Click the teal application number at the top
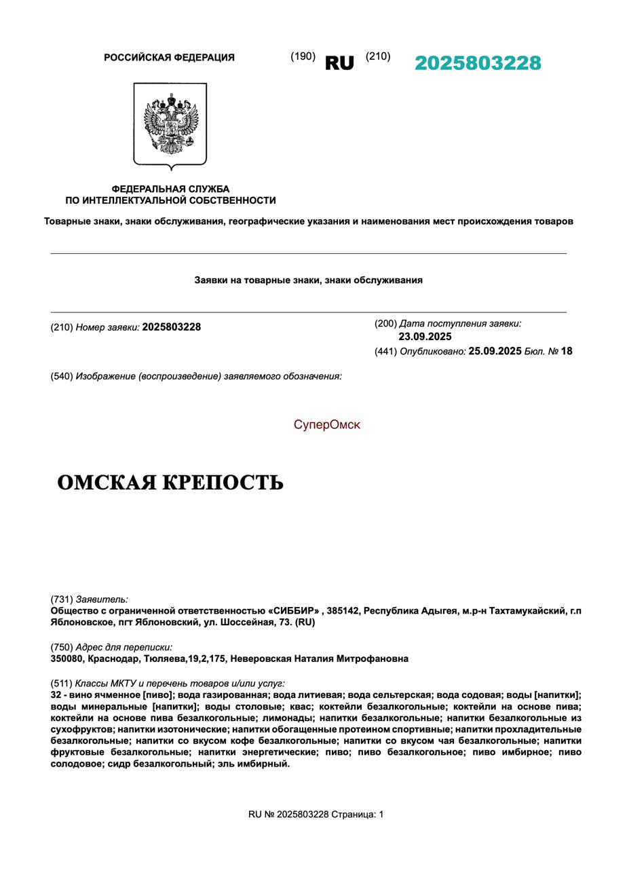(x=478, y=63)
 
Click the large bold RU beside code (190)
(x=339, y=63)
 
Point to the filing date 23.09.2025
(x=425, y=337)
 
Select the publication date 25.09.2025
(x=495, y=351)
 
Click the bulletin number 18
(x=567, y=351)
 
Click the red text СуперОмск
(x=327, y=425)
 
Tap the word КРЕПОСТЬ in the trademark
(x=232, y=483)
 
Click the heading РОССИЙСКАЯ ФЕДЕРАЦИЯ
(x=169, y=58)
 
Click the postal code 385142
(x=342, y=611)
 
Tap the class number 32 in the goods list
(x=56, y=695)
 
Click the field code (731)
(x=62, y=599)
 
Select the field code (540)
(x=62, y=376)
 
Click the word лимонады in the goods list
(x=288, y=718)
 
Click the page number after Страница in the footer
(x=381, y=814)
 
